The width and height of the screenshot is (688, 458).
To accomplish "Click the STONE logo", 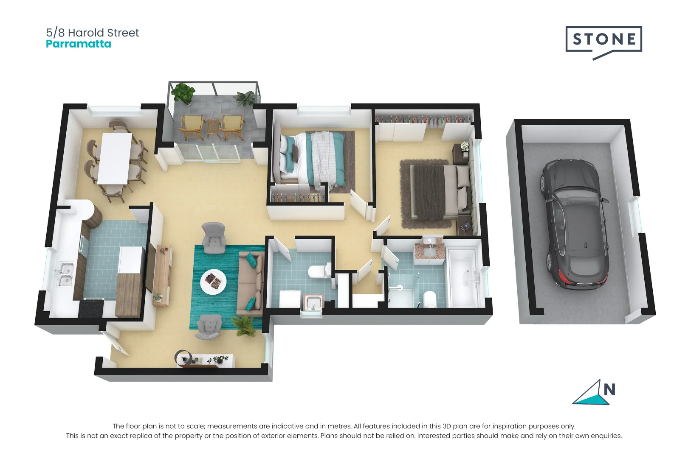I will coord(603,40).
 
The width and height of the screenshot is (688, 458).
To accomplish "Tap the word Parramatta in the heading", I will coord(79,44).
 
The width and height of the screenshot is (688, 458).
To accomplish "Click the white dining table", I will coord(115,158).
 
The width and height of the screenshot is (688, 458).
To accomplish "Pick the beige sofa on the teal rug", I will coord(250,284).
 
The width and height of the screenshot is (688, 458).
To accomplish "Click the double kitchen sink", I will coord(65,275).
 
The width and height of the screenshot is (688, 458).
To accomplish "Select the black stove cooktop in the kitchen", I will coord(92,308).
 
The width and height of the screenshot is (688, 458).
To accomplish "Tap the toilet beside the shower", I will coord(429,299).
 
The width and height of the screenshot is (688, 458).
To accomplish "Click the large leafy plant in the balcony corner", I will coord(183,92).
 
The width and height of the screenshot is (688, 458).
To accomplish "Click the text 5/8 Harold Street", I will coord(93,33).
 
